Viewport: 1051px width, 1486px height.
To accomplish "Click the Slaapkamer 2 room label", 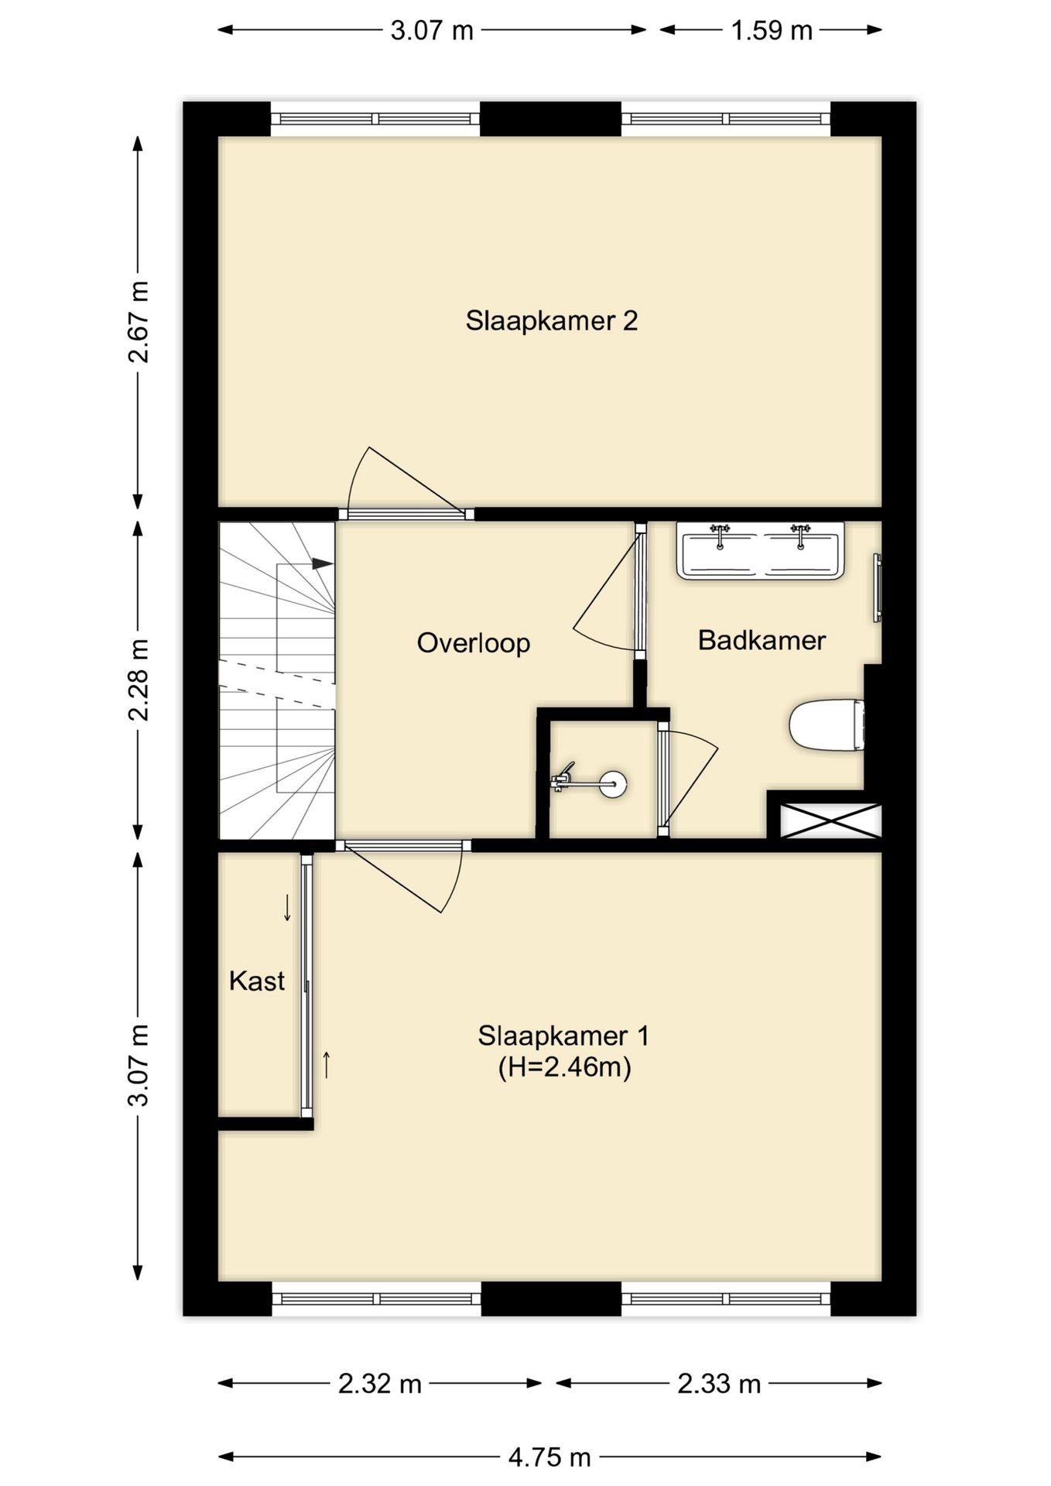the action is pyautogui.click(x=551, y=320).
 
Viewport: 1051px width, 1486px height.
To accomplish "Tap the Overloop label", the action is pyautogui.click(x=474, y=642).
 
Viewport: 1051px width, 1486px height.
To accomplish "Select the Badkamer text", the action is pyautogui.click(x=762, y=640).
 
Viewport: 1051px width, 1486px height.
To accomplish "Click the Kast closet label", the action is pyautogui.click(x=257, y=981).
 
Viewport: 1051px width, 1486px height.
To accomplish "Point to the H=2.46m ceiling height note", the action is pyautogui.click(x=564, y=1067).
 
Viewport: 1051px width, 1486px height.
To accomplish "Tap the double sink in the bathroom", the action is pyautogui.click(x=760, y=550).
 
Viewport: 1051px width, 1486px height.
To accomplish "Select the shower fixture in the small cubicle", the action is pyautogui.click(x=589, y=781).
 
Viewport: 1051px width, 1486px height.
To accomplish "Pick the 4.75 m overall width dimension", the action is pyautogui.click(x=549, y=1457).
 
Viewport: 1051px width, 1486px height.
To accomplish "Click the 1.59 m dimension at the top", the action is pyautogui.click(x=771, y=30).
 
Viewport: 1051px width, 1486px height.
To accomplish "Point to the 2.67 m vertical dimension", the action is pyautogui.click(x=139, y=322).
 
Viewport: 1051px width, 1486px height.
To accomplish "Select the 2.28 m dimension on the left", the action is pyautogui.click(x=139, y=680).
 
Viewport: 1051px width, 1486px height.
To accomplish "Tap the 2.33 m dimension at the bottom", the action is pyautogui.click(x=719, y=1383).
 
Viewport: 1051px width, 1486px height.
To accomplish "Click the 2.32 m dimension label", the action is pyautogui.click(x=380, y=1383).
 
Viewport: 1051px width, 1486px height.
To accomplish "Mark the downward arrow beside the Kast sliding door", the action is pyautogui.click(x=287, y=907).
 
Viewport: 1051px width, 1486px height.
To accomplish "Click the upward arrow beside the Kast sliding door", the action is pyautogui.click(x=327, y=1065).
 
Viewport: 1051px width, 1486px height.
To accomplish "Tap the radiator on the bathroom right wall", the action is pyautogui.click(x=878, y=587).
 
